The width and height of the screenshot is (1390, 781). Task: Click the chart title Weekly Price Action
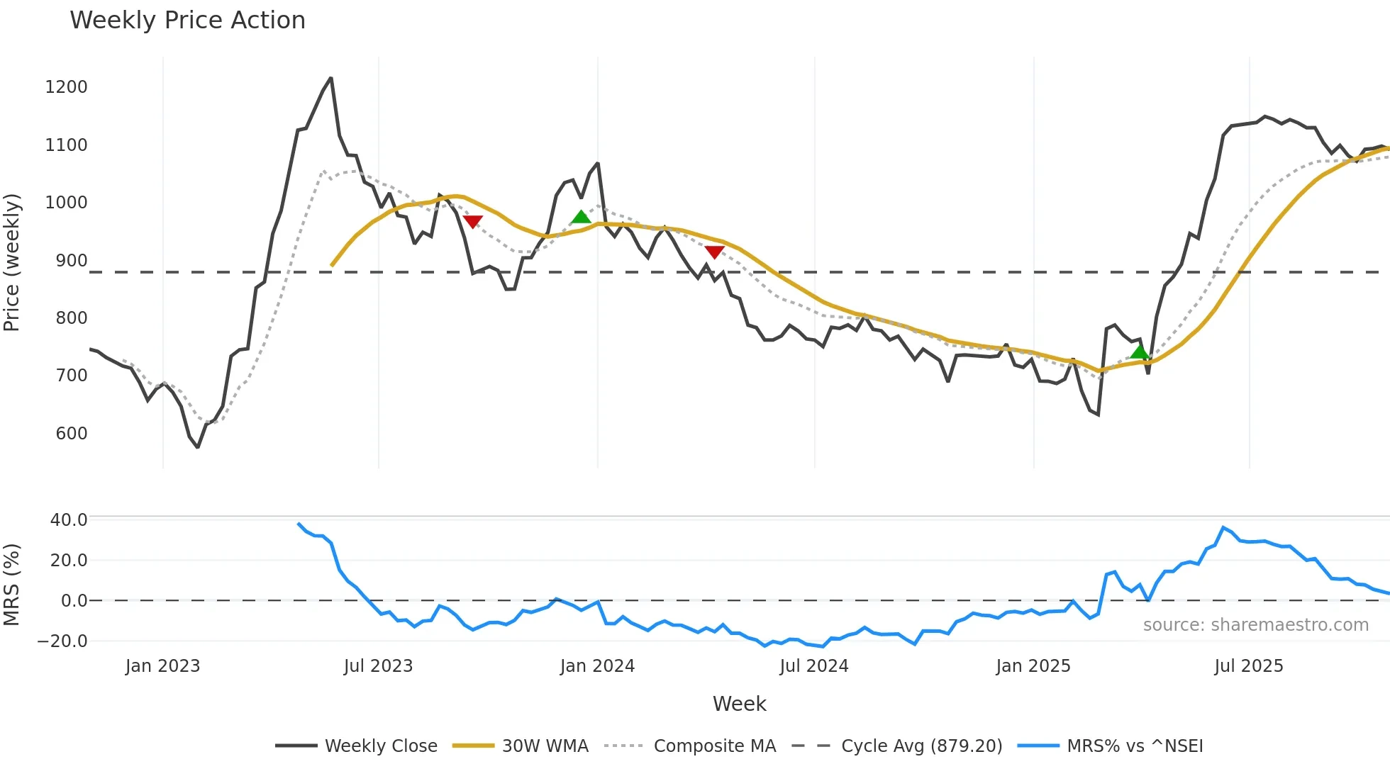click(187, 21)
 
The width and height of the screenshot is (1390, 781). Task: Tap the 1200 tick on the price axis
click(66, 87)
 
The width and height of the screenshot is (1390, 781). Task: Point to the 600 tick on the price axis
click(71, 434)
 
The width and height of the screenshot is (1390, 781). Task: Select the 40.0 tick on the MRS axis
click(69, 520)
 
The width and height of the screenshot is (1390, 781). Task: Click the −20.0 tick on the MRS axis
click(62, 641)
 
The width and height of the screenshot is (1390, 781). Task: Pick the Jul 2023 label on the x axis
click(378, 666)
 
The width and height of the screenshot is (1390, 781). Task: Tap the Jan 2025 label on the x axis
click(1033, 666)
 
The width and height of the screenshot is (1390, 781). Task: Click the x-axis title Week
click(739, 704)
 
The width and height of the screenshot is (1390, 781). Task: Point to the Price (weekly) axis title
click(11, 262)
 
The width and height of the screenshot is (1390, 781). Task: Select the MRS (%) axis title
click(11, 585)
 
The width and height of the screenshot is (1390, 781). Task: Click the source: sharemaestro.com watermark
click(1255, 625)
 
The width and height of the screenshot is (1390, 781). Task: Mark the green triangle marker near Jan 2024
click(581, 217)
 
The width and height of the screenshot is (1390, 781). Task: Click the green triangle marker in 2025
click(1140, 352)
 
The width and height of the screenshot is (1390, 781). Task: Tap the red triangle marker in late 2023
click(472, 221)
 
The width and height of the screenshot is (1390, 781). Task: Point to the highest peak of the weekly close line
click(330, 79)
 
